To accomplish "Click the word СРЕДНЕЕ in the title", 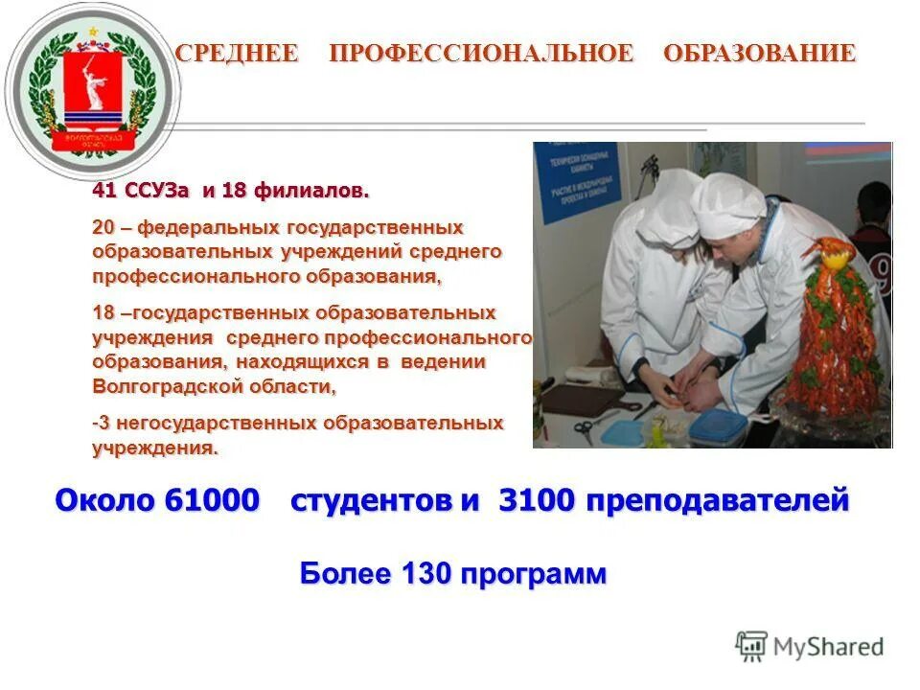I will point(237,54).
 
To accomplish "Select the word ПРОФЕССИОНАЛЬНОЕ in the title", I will point(481,54).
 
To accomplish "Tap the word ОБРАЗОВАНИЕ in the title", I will point(759,54).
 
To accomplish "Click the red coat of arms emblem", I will point(92,94).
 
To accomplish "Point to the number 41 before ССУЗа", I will point(105,191).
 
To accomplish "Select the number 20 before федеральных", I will point(104,228).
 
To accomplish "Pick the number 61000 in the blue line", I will point(212,501).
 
